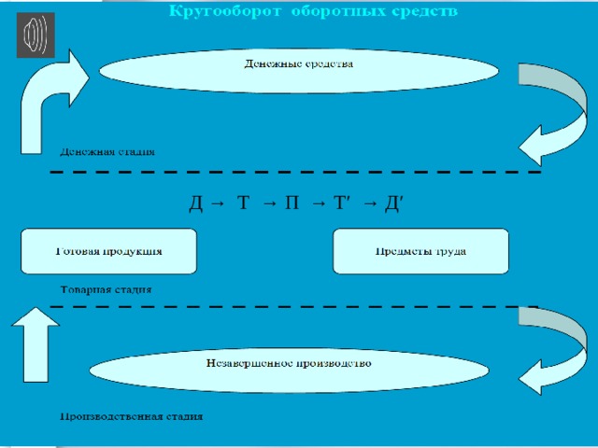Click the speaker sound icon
pyautogui.click(x=36, y=35)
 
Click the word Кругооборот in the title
pyautogui.click(x=224, y=11)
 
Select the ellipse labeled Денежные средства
pyautogui.click(x=299, y=71)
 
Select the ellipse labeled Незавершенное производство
pyautogui.click(x=289, y=370)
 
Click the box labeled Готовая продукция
pyautogui.click(x=108, y=251)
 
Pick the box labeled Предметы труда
pyautogui.click(x=420, y=251)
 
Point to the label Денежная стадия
pyautogui.click(x=107, y=152)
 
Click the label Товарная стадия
pyautogui.click(x=106, y=289)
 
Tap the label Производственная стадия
pyautogui.click(x=132, y=416)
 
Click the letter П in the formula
pyautogui.click(x=292, y=203)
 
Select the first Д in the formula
pyautogui.click(x=195, y=203)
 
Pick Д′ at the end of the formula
pyautogui.click(x=393, y=203)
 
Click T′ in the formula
pyautogui.click(x=342, y=203)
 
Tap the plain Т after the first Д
pyautogui.click(x=243, y=203)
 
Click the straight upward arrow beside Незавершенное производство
pyautogui.click(x=36, y=344)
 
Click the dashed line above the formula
pyautogui.click(x=295, y=172)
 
